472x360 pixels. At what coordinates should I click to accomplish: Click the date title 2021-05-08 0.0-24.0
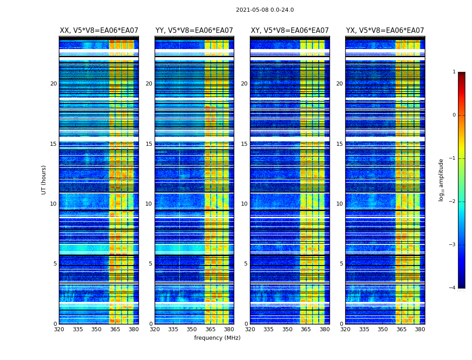click(x=265, y=10)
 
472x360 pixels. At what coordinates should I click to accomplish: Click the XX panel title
click(x=99, y=31)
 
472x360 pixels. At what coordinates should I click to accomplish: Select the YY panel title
click(x=194, y=31)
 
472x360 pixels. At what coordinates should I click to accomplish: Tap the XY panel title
click(x=289, y=31)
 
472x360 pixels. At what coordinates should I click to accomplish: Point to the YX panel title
click(x=385, y=31)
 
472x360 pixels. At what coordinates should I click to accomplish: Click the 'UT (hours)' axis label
click(x=44, y=180)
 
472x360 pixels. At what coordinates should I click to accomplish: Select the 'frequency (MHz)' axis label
click(x=217, y=338)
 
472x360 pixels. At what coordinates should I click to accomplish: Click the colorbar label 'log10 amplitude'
click(x=441, y=180)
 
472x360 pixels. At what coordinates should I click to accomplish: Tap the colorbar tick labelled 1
click(x=454, y=72)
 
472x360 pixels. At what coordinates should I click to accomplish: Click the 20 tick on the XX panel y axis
click(x=53, y=84)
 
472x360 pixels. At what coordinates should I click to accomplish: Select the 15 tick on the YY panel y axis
click(x=149, y=144)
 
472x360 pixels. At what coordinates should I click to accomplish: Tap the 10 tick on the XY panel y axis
click(x=244, y=204)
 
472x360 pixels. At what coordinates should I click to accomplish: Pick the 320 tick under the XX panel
click(x=59, y=329)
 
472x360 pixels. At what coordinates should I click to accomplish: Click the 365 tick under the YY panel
click(x=210, y=329)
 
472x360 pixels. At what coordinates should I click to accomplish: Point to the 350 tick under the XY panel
click(x=287, y=329)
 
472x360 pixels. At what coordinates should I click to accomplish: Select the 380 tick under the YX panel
click(x=420, y=329)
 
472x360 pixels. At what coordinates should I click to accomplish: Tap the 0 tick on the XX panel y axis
click(x=55, y=324)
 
